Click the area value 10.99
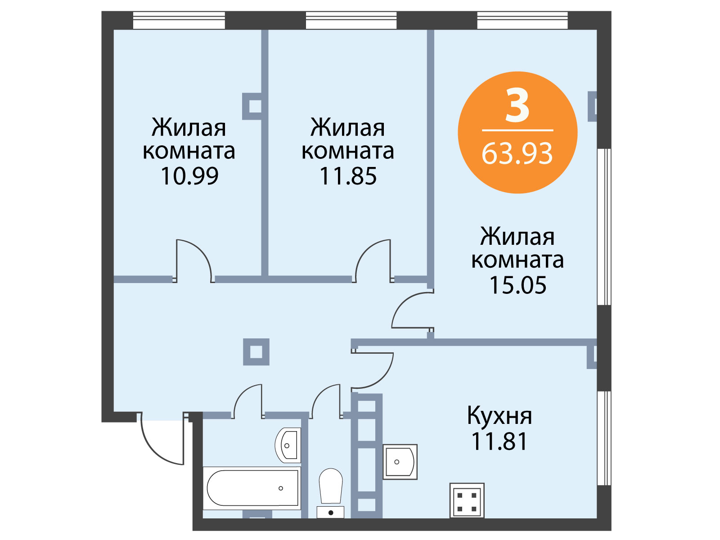(x=189, y=176)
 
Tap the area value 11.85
(x=348, y=176)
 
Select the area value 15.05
(x=518, y=285)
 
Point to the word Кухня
(x=499, y=416)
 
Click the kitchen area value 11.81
(x=499, y=441)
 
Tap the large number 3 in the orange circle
(x=517, y=106)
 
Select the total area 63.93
(x=517, y=154)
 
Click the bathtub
(x=252, y=488)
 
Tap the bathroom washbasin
(x=288, y=445)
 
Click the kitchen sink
(x=400, y=462)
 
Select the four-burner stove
(x=467, y=500)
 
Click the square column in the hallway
(x=256, y=352)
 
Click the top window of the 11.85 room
(x=351, y=20)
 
